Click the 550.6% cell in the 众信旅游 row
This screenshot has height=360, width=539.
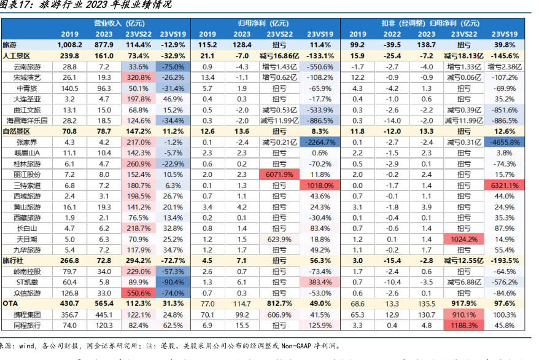(139, 293)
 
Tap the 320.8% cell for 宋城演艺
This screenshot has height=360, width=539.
(139, 77)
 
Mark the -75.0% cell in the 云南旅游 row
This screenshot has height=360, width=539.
(174, 66)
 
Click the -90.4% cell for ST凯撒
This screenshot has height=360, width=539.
(174, 282)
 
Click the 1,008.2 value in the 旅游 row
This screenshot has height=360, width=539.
(69, 45)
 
